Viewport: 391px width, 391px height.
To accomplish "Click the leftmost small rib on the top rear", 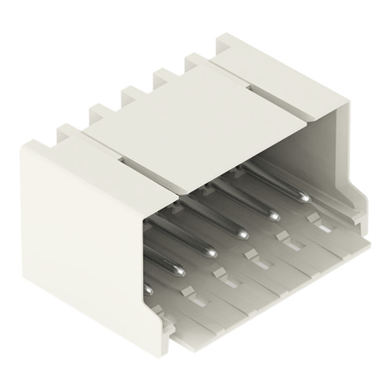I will click(98, 115).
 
